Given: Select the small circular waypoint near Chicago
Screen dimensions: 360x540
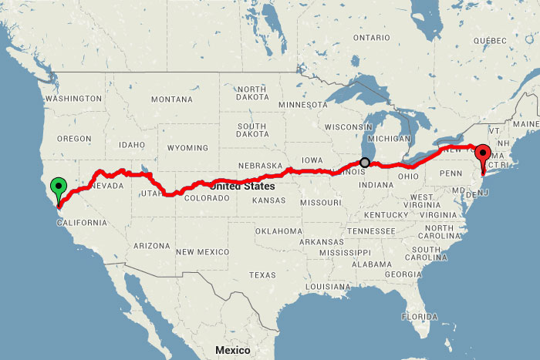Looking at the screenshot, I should coord(365,163).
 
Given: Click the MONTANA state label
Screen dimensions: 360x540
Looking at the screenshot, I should coord(172,99).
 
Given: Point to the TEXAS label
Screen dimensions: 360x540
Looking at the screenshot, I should coord(262,274).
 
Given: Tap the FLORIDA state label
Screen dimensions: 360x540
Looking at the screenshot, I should coord(419,316).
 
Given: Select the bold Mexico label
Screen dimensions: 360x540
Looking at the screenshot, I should coord(232,350).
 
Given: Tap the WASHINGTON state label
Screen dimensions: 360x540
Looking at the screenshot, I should coord(73,99).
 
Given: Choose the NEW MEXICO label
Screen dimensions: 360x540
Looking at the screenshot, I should coord(203,252).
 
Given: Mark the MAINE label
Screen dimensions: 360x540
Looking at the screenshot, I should coord(525,124).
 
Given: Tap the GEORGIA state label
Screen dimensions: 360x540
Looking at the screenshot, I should coord(401,274).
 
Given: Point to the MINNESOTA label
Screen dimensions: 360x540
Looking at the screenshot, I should coord(303,104).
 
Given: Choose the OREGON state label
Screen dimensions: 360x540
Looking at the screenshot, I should coord(74,138).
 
